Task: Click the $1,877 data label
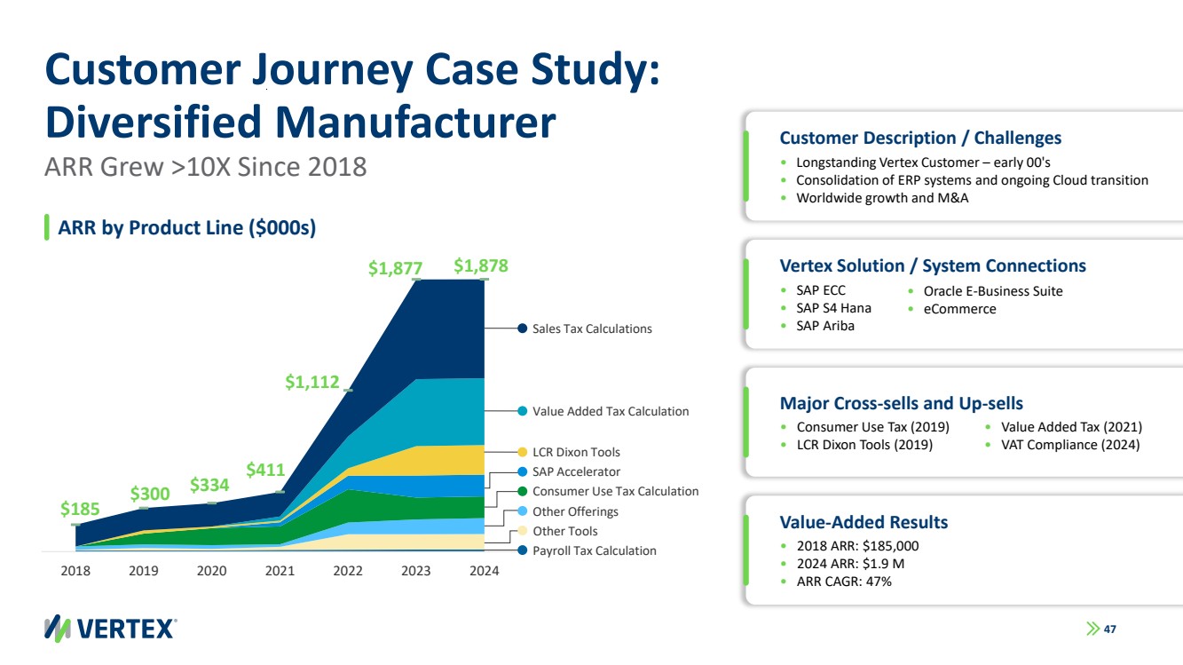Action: (x=395, y=267)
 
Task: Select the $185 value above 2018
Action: (x=79, y=509)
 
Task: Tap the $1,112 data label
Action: (x=312, y=382)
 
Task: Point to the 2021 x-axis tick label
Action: (x=280, y=571)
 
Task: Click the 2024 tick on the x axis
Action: (x=484, y=571)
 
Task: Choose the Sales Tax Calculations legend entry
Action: (x=592, y=329)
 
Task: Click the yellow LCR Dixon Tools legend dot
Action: (x=523, y=452)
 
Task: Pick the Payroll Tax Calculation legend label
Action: (x=594, y=550)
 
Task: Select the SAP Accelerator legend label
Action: (x=576, y=471)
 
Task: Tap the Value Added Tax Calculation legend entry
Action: (x=610, y=411)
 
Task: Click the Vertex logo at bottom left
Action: (x=111, y=628)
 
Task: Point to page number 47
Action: (x=1109, y=629)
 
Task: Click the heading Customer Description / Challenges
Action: (x=920, y=138)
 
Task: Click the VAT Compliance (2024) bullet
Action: (x=1069, y=444)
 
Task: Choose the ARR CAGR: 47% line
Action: (x=844, y=582)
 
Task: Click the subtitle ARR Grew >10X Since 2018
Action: (x=205, y=167)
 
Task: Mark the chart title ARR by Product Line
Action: (x=186, y=227)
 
